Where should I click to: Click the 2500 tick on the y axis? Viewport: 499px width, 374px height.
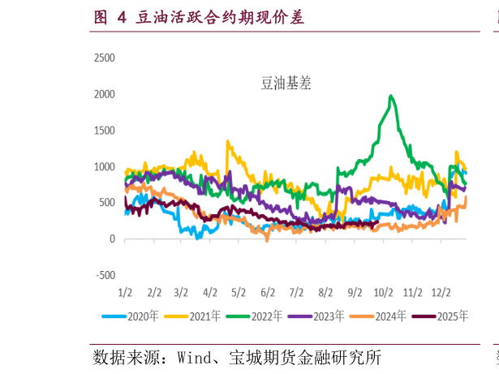click(105, 58)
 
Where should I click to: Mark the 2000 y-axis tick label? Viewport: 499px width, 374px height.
click(105, 94)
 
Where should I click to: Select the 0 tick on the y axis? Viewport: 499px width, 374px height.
click(112, 239)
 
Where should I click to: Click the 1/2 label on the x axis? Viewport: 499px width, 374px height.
click(125, 291)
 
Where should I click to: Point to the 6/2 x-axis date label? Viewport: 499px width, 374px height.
click(267, 291)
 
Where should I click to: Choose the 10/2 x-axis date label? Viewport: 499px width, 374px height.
click(383, 291)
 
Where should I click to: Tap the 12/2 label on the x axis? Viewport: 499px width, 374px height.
click(440, 291)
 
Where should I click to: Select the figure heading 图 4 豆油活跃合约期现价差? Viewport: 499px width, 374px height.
click(199, 16)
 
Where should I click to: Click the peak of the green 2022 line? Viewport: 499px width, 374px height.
click(392, 96)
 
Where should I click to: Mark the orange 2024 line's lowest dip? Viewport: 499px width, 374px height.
click(267, 240)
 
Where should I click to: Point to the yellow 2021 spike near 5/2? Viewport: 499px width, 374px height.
click(228, 142)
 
